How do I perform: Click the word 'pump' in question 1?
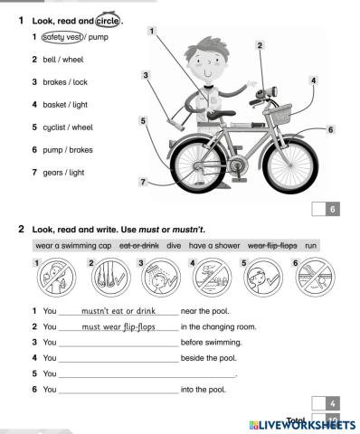coord(99,38)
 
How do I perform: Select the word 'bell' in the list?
coord(50,60)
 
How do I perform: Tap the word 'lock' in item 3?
coord(81,82)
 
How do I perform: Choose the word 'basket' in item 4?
coord(54,105)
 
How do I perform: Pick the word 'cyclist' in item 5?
coord(54,127)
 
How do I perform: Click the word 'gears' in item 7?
coord(52,173)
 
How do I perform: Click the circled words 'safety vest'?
coord(62,37)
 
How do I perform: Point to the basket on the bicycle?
coord(278,114)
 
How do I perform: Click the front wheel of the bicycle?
coord(290,165)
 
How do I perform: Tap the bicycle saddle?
coord(221,114)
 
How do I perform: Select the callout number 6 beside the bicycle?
coord(331,129)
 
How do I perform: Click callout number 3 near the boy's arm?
coord(146,75)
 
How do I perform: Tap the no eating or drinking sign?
coord(56,278)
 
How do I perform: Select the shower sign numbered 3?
coord(161,278)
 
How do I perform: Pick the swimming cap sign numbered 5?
coord(263,278)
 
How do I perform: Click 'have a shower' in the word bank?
coord(214,246)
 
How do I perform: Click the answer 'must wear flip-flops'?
coord(118,327)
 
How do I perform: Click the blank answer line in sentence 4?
coord(118,362)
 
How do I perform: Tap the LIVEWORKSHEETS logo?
coord(302,425)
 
